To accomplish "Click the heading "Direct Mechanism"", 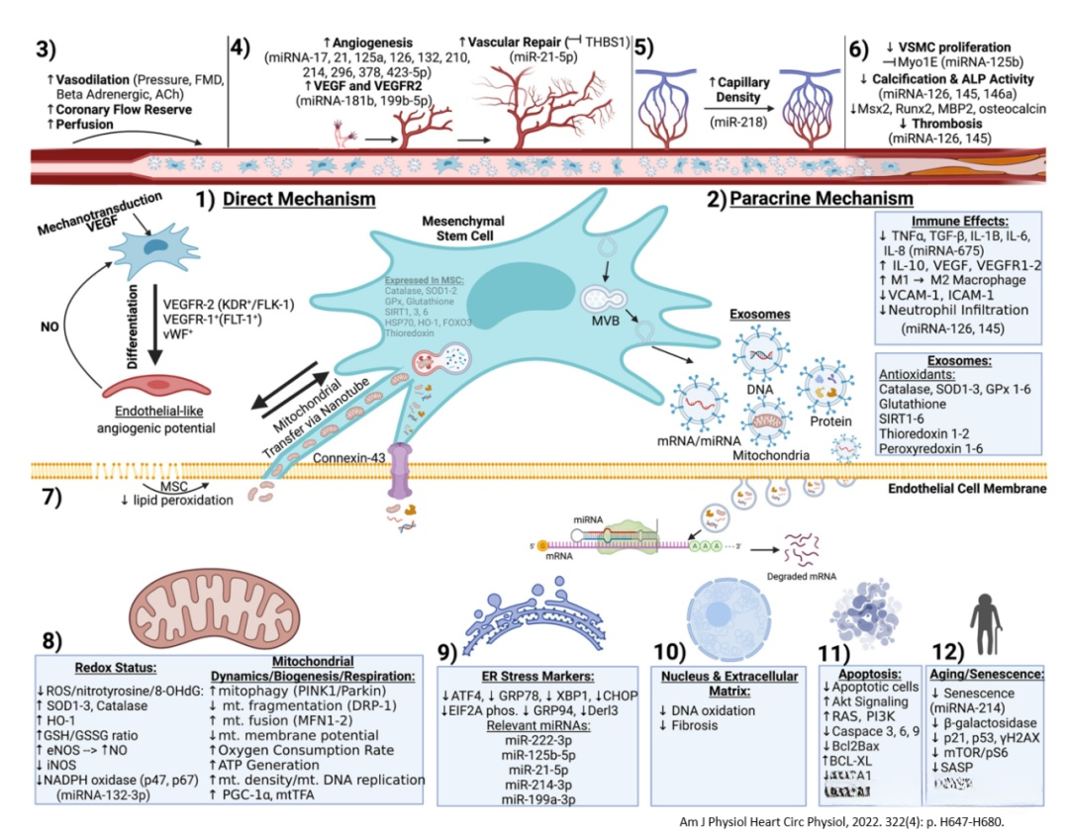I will (298, 199).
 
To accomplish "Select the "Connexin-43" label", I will (346, 458).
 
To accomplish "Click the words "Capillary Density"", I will (739, 89).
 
